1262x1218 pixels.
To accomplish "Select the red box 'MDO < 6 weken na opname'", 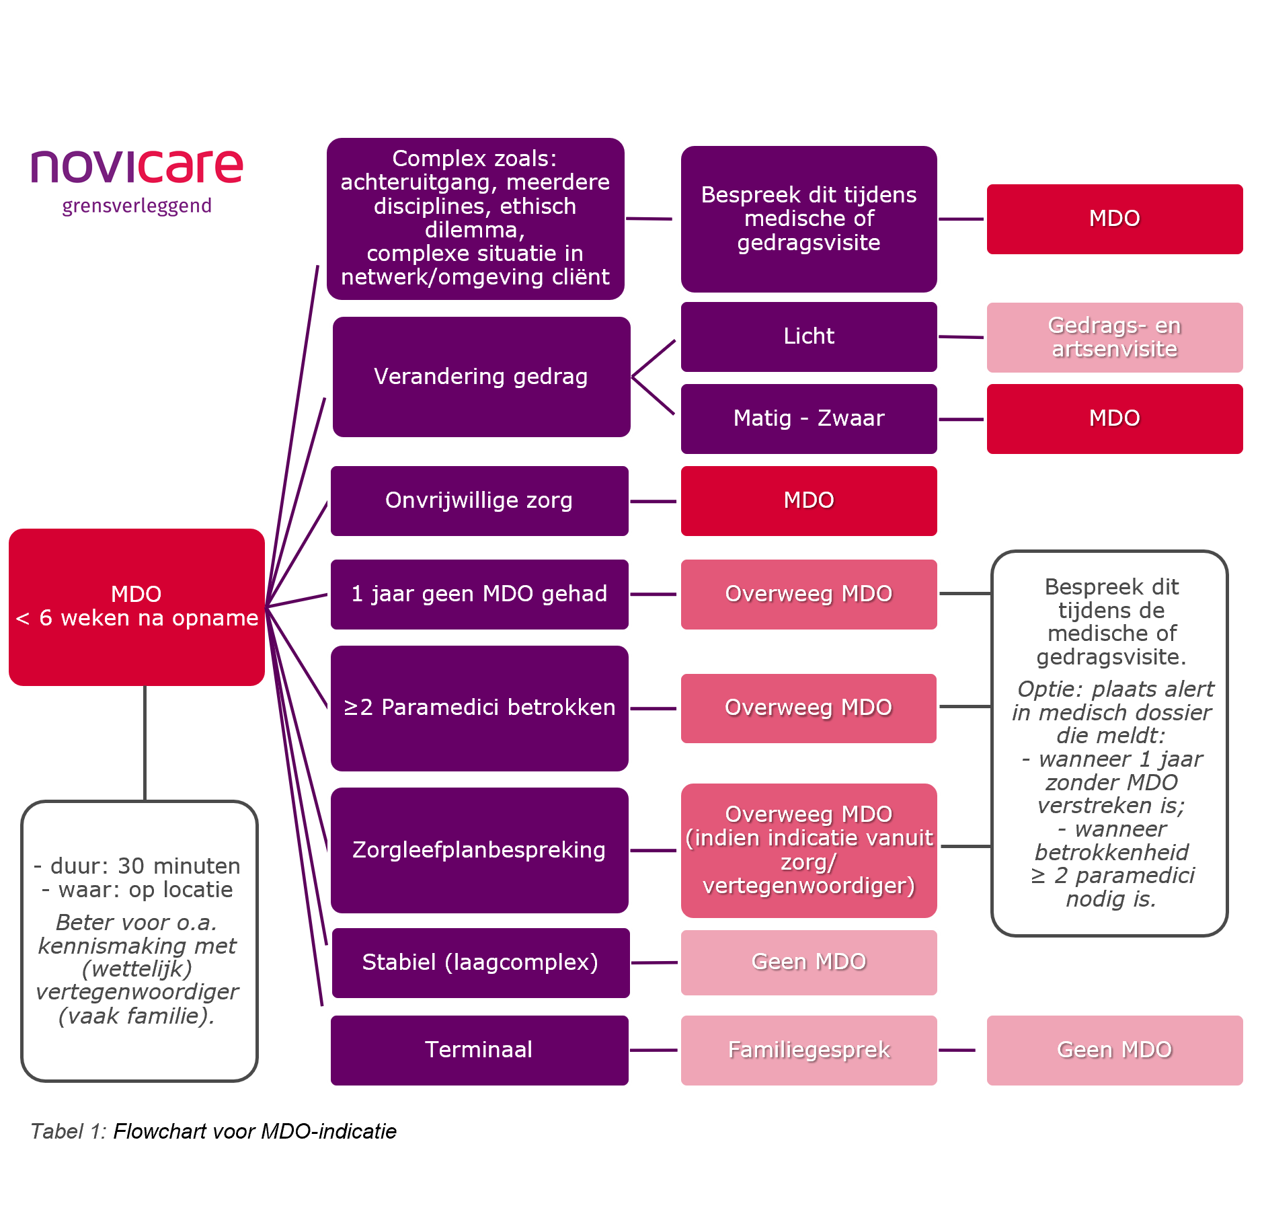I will (136, 607).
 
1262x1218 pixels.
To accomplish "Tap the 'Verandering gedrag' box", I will (481, 377).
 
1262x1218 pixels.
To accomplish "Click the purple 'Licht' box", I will (809, 336).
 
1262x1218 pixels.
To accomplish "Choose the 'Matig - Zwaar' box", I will (809, 418).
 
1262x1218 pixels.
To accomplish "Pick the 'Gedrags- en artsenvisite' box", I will (1114, 337).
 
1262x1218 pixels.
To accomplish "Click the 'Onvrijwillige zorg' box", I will (479, 500).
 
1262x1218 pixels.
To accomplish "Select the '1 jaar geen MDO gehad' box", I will (479, 594).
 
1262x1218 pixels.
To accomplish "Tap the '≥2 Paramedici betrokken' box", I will (479, 708).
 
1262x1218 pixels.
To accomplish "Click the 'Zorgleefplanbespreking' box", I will (479, 850).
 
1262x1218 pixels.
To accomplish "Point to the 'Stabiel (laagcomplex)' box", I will (480, 962).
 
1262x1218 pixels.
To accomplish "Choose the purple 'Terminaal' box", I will (479, 1050).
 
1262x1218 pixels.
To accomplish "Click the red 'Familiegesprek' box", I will (809, 1050).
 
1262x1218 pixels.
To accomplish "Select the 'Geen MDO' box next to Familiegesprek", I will (1114, 1050).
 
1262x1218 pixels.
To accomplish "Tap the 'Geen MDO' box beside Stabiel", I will (809, 962).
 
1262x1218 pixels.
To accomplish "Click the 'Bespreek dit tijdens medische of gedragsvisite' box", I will (809, 219).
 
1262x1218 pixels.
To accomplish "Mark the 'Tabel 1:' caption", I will (68, 1131).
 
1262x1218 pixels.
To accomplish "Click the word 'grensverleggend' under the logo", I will (136, 206).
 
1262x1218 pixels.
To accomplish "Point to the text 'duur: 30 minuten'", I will (145, 866).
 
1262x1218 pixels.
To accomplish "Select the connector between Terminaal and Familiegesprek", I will (655, 1050).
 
